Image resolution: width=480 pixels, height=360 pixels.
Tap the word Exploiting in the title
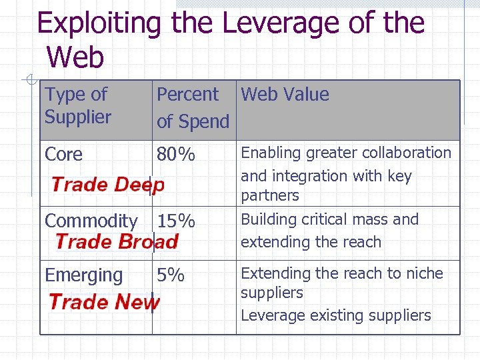(x=99, y=23)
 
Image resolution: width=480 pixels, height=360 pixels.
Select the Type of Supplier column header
(x=77, y=105)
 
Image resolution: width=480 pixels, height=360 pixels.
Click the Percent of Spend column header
(x=192, y=107)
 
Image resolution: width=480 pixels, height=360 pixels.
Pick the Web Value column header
(x=285, y=95)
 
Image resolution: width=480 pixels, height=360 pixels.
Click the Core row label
(x=64, y=155)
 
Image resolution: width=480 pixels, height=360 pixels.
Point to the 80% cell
(x=176, y=155)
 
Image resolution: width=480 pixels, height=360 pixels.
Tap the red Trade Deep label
(x=107, y=185)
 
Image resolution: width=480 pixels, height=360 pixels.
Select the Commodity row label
(x=91, y=221)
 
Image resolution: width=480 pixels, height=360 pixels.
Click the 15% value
(x=176, y=221)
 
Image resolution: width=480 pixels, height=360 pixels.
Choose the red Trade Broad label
(x=117, y=241)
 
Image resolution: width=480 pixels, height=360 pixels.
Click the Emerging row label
(x=83, y=275)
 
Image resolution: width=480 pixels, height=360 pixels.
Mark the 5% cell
(x=171, y=275)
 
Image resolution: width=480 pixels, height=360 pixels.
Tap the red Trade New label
(x=104, y=302)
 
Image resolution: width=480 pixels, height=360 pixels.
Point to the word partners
(x=269, y=196)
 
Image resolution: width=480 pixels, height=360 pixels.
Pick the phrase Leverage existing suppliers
(x=335, y=315)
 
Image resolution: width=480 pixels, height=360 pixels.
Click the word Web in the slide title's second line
(x=76, y=57)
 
